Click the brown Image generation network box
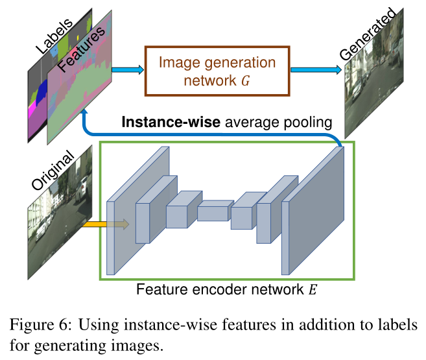click(217, 71)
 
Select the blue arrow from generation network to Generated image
click(313, 69)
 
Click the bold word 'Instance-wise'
click(165, 123)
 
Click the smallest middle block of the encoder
click(215, 211)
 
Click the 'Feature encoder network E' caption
click(226, 289)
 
